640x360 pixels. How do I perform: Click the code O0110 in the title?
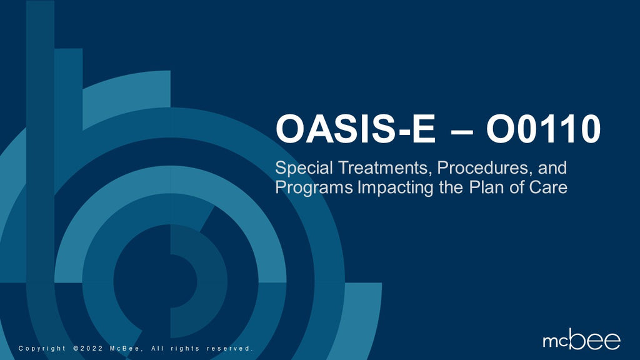(544, 130)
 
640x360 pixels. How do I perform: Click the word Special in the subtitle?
(303, 168)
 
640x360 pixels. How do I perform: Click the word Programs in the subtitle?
(314, 187)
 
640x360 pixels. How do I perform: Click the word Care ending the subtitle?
(549, 187)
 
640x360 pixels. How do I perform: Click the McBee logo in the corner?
(581, 340)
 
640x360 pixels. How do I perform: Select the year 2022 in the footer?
(90, 348)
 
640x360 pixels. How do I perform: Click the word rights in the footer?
(185, 348)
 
